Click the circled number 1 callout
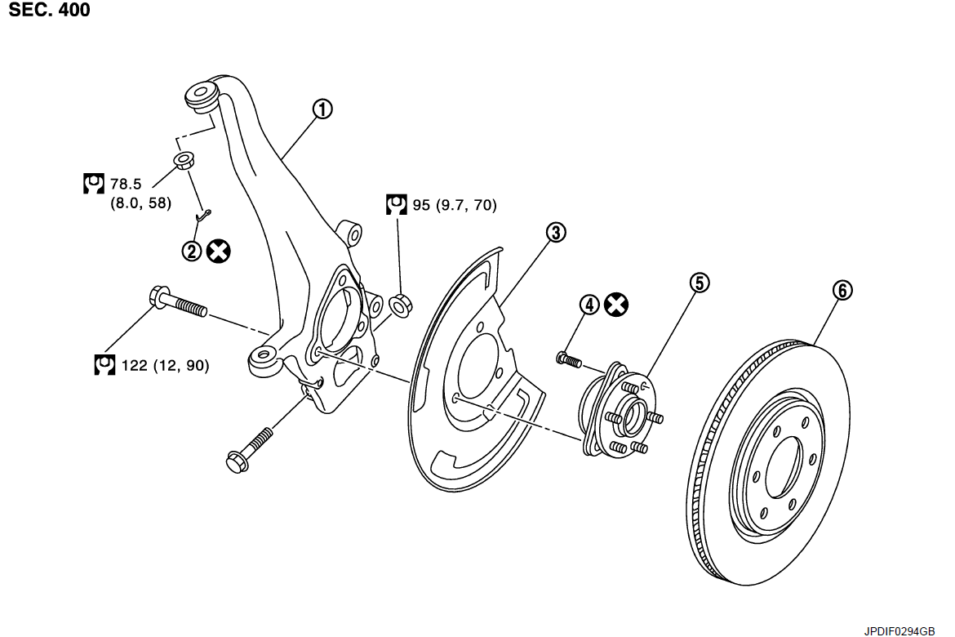coord(323,109)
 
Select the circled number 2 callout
coord(192,252)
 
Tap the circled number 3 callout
coord(556,233)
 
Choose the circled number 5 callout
coord(699,283)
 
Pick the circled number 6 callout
coord(842,290)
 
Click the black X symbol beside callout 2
coord(218,252)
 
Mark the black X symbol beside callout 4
coord(617,305)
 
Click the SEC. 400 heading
coord(50,11)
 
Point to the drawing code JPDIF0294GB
coord(900,630)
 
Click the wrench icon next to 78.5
coord(94,184)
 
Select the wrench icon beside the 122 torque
coord(104,365)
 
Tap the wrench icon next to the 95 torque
coord(397,204)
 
